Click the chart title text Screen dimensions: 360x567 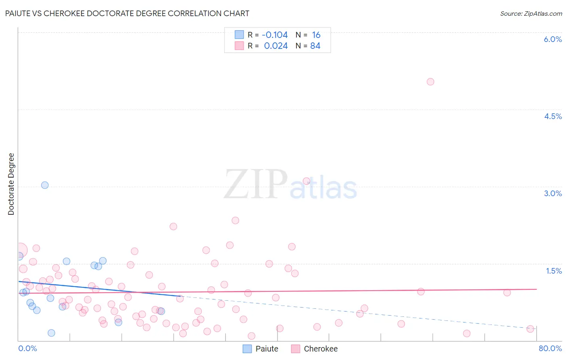(x=127, y=13)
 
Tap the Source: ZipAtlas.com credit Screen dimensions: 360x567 (x=531, y=13)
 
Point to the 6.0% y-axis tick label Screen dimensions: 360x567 (x=552, y=39)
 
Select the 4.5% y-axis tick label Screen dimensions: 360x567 (x=552, y=116)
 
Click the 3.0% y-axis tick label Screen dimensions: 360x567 (x=552, y=193)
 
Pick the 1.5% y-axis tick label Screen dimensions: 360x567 (x=554, y=271)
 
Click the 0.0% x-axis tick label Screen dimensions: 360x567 (x=27, y=348)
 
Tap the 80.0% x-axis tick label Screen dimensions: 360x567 (x=550, y=348)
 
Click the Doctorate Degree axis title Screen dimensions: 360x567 (x=11, y=184)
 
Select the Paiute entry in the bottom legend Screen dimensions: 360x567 (x=267, y=349)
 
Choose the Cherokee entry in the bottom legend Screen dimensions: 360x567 (x=320, y=349)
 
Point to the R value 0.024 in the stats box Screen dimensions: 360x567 (x=276, y=46)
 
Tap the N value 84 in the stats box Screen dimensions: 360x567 (x=315, y=46)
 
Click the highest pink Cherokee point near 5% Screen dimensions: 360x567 (x=430, y=82)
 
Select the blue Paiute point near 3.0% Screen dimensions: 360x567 (x=45, y=185)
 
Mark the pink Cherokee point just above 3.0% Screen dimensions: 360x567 (x=306, y=181)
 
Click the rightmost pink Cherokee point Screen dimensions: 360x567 (x=530, y=329)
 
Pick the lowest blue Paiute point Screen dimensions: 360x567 (x=51, y=333)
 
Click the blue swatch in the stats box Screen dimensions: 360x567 (x=239, y=35)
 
